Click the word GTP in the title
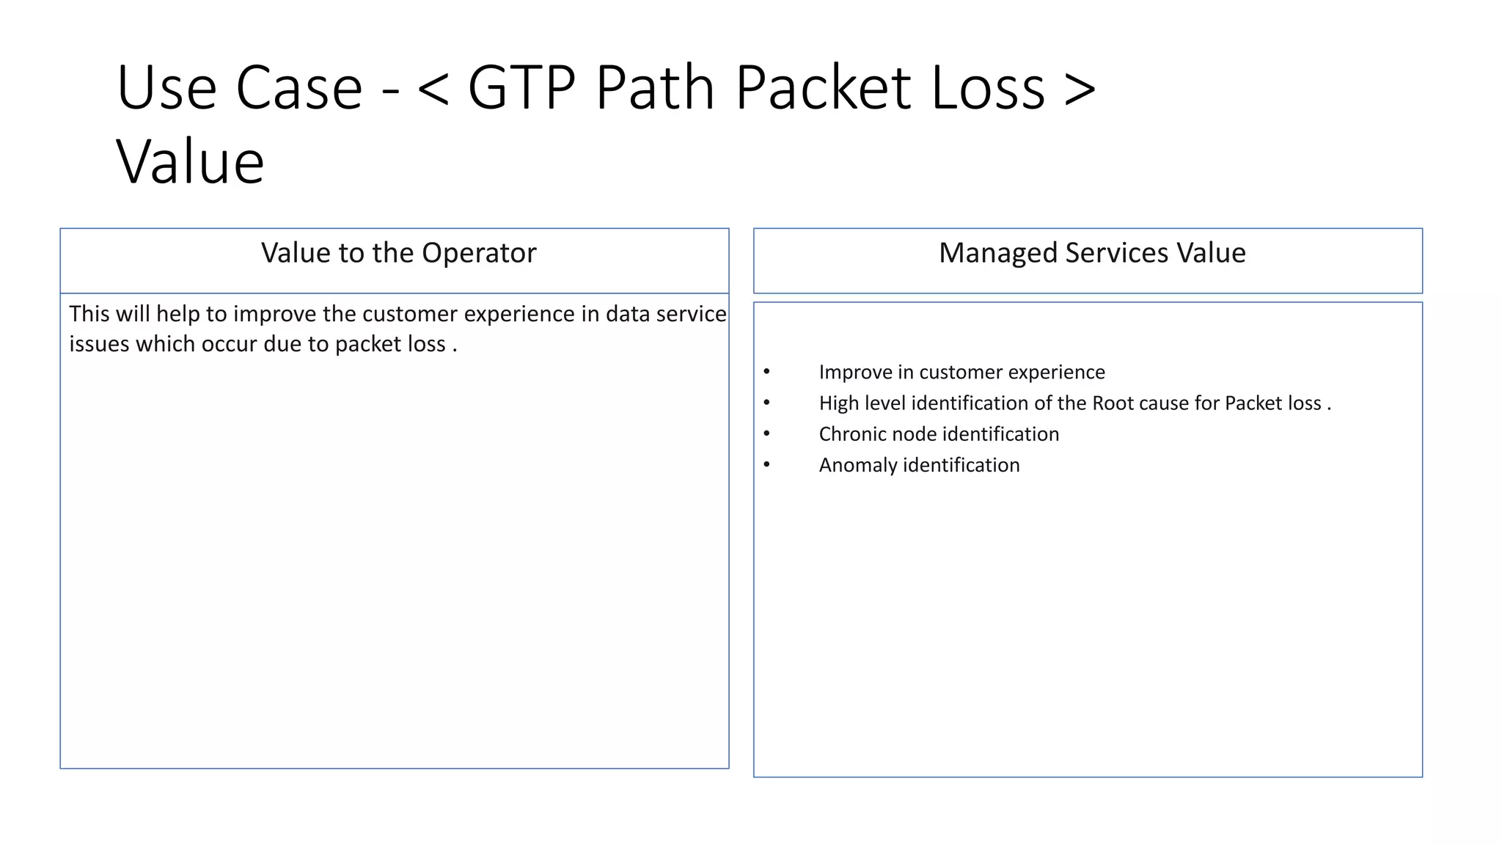521,88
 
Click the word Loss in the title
988,88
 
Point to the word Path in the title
655,88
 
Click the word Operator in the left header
479,253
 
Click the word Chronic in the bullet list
851,434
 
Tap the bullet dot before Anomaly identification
766,464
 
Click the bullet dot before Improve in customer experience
766,371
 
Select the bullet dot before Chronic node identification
766,434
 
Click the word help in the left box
177,314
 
